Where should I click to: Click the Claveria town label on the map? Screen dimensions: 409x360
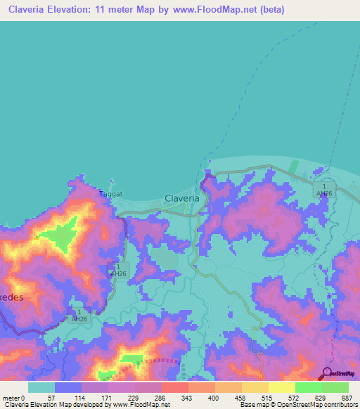click(x=181, y=198)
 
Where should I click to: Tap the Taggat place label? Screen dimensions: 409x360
click(x=110, y=193)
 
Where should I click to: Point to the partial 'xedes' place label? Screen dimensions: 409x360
click(x=12, y=297)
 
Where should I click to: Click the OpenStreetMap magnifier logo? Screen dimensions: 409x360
click(x=327, y=373)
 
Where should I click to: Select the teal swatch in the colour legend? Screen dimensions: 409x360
click(x=41, y=387)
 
